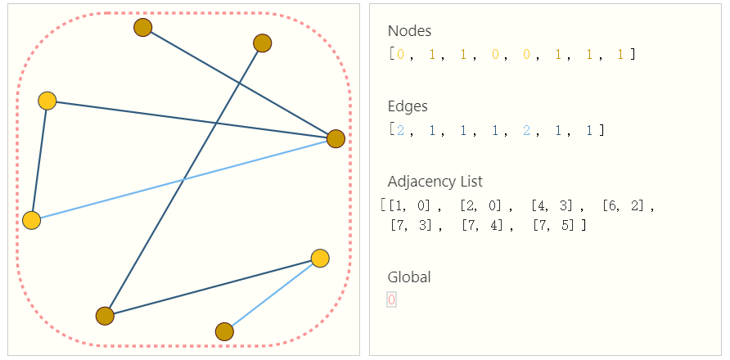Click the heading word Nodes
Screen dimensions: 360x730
tap(409, 31)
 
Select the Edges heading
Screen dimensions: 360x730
tap(408, 106)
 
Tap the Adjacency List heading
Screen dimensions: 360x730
tap(435, 182)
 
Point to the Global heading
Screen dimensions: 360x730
tap(409, 277)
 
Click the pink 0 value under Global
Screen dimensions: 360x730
tap(391, 300)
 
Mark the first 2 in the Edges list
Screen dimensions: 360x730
tap(399, 130)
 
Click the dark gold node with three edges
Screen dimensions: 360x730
tap(336, 139)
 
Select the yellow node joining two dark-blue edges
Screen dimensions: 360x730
tap(47, 101)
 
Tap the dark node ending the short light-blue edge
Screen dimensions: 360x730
tap(224, 331)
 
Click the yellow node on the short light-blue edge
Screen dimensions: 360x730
tap(320, 259)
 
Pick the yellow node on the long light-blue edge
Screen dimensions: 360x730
tap(32, 220)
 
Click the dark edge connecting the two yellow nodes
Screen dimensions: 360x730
tap(39, 160)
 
